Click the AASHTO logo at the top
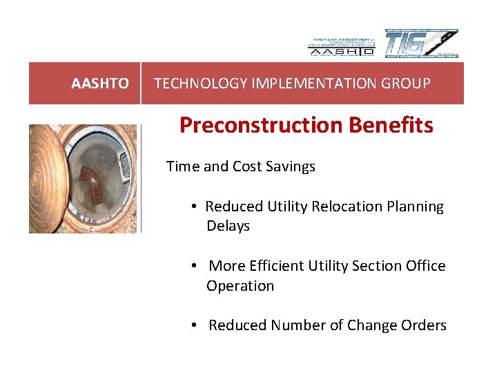341,46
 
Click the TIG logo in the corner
421,44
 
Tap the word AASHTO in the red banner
99,84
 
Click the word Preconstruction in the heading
259,125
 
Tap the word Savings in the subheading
291,166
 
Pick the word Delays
228,226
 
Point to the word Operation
240,286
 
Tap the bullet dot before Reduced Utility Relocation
196,207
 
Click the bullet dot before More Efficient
196,267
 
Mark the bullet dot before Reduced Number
196,326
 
